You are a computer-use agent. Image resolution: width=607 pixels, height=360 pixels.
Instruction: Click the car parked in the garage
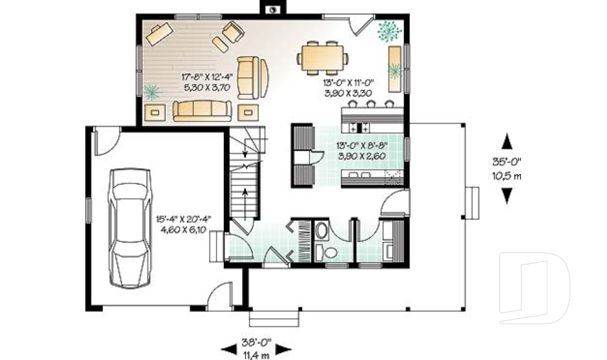pos(130,228)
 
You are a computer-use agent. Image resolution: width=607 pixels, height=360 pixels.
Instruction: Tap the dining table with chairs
pos(322,58)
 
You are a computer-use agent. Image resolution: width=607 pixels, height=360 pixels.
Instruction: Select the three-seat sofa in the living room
pos(202,111)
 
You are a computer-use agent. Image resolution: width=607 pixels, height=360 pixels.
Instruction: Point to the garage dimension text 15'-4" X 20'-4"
pos(184,220)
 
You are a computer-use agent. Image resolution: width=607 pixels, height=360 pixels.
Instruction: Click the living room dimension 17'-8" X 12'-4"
pos(207,77)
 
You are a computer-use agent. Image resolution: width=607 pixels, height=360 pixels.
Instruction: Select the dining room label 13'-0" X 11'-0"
pos(348,82)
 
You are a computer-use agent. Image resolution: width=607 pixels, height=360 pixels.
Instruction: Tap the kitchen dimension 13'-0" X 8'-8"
pos(362,146)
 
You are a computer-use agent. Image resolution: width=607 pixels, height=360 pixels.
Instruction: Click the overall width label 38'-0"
pos(256,342)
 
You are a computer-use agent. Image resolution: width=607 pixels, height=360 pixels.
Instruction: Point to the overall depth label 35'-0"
pos(507,161)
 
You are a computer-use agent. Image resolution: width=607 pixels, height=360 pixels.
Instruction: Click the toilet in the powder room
pos(328,252)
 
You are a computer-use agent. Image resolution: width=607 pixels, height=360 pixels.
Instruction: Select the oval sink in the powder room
pos(321,230)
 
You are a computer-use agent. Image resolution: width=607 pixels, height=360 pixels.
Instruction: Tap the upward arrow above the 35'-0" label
pos(507,141)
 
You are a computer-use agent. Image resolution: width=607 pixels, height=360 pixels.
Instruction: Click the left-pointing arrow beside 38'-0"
pos(228,349)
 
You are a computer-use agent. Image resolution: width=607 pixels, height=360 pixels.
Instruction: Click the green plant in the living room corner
pos(152,92)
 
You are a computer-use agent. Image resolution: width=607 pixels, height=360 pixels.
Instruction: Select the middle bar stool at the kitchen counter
pos(371,104)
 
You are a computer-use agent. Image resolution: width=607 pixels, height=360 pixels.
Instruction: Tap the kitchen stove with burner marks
pos(360,128)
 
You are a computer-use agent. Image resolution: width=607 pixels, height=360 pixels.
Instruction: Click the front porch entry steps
pos(274,318)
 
